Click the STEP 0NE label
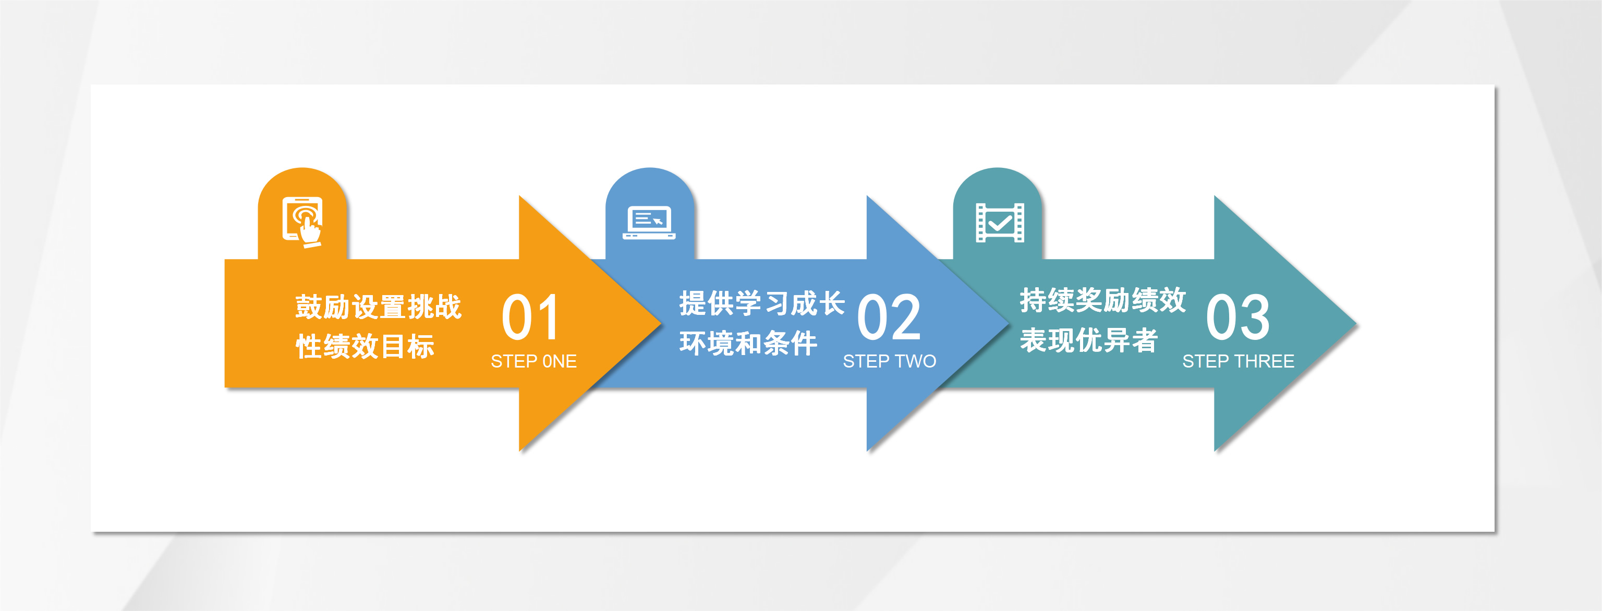coord(533,361)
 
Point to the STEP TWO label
coord(889,361)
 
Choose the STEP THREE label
coord(1238,361)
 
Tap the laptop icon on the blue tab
coord(649,223)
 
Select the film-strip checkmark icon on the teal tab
coord(999,223)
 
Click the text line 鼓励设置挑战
coord(378,307)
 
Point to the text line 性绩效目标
coord(365,346)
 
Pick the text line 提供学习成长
coord(762,303)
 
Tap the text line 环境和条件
coord(748,343)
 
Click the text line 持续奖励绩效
coord(1102,300)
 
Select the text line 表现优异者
coord(1088,340)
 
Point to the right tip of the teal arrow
coord(1356,324)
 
